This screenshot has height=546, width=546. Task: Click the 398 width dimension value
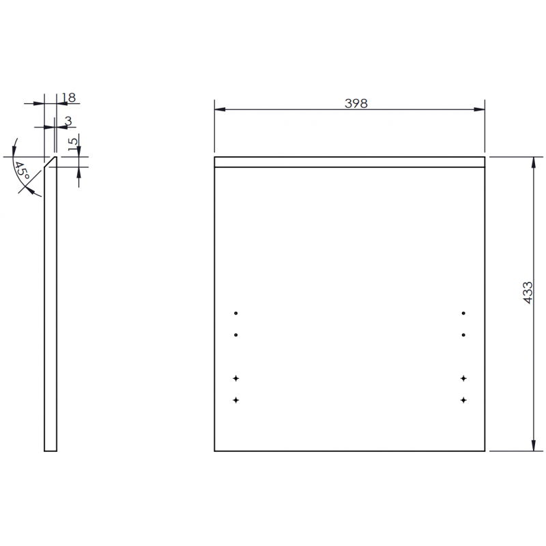pos(356,104)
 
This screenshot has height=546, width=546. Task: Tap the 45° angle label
pos(22,171)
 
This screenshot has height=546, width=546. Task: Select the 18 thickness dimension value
pos(68,98)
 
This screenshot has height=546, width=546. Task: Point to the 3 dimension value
pos(68,121)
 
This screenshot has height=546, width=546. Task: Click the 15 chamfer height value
pos(73,144)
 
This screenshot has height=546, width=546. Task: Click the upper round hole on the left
pos(236,313)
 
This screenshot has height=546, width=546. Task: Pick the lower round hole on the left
pos(236,335)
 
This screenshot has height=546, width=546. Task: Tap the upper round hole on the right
pos(463,313)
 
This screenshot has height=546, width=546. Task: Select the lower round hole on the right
pos(463,335)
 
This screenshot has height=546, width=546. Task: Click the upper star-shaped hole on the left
pos(236,378)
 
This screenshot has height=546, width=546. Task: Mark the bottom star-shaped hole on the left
pos(236,399)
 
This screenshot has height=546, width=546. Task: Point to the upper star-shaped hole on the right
pos(463,378)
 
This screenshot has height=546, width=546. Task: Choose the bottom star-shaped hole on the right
pos(463,399)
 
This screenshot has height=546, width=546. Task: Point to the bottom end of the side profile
pos(51,450)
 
